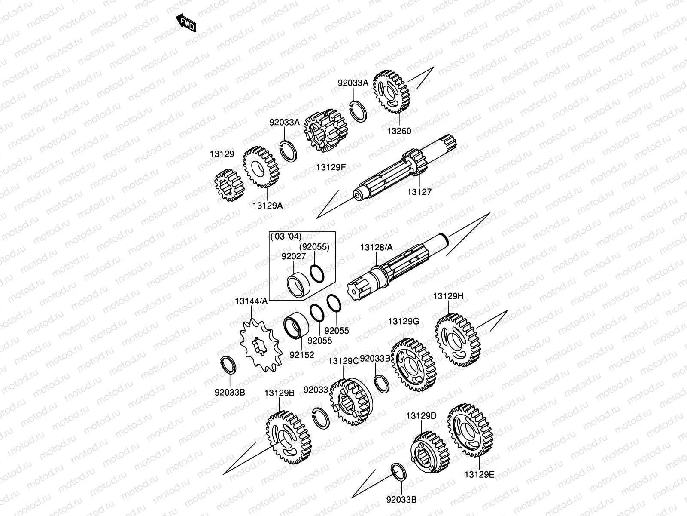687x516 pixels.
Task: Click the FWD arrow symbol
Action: (x=185, y=23)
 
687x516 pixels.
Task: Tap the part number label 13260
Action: (x=400, y=131)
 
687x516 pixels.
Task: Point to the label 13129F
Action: (x=331, y=167)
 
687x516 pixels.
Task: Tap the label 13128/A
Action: (x=376, y=247)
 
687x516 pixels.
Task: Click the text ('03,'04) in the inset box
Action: (x=286, y=236)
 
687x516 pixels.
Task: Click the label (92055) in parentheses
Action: (x=314, y=247)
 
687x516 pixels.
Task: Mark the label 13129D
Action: (x=421, y=416)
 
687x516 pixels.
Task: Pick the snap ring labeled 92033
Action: (x=321, y=417)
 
